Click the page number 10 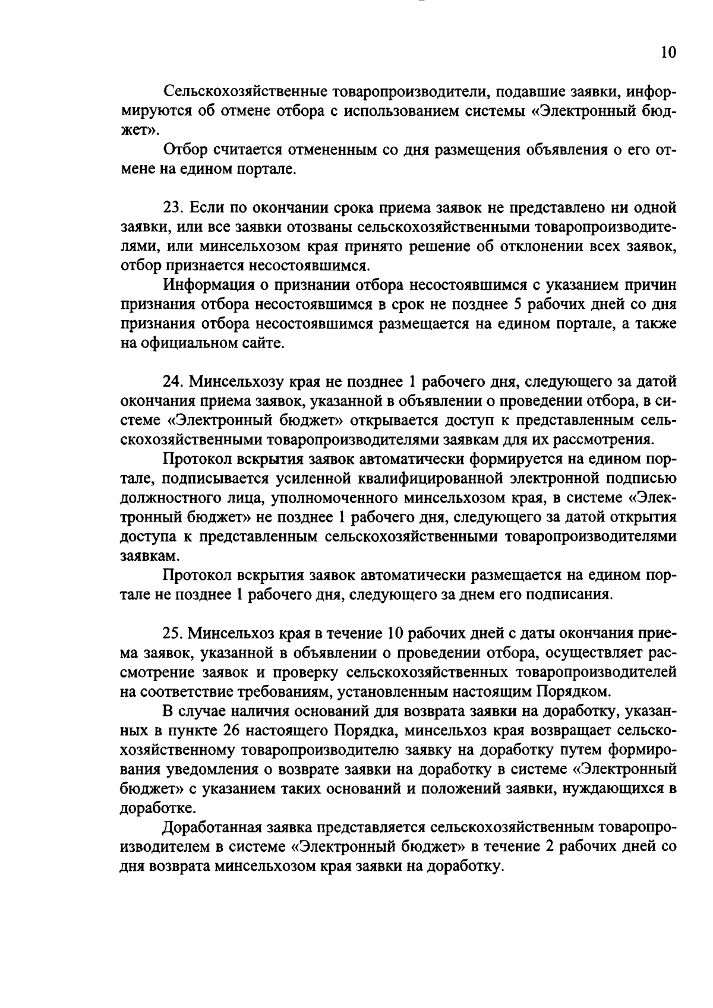[x=668, y=53]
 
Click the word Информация [x=209, y=285]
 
